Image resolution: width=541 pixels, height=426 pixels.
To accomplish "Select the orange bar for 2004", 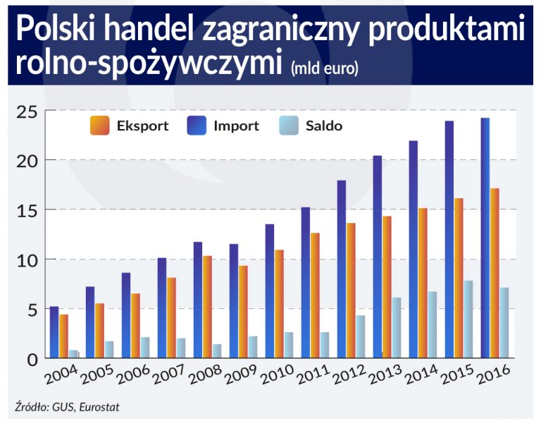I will (x=64, y=336).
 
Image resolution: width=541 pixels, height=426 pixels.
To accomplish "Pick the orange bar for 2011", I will (x=315, y=296).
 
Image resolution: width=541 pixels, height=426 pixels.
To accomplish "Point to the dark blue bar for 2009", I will (x=234, y=301).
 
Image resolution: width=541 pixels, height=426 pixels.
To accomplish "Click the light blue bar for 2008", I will (x=216, y=351).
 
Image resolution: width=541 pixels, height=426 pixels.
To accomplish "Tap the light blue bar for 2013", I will (x=397, y=328).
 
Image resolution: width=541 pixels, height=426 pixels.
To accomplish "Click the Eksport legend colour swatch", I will (x=99, y=126).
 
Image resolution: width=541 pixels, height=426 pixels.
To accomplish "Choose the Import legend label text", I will (x=236, y=126).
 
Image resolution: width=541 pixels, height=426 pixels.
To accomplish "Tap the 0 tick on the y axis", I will (x=30, y=359).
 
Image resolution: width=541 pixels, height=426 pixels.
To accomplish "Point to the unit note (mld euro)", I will (x=325, y=68).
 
